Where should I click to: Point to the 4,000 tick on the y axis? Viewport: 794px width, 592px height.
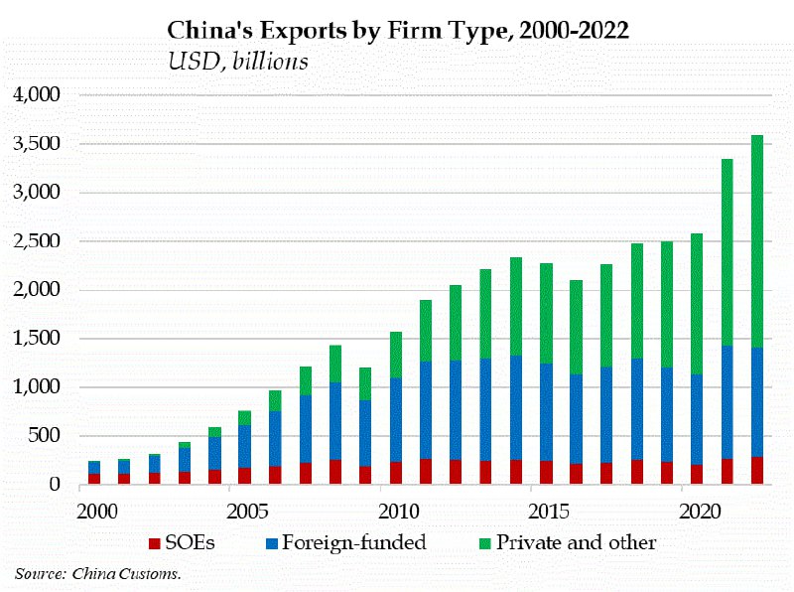point(37,95)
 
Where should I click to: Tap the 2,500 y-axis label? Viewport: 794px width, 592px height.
point(37,241)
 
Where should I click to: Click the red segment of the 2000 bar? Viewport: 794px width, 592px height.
point(92,479)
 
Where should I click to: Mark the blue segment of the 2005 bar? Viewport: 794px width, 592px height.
point(244,446)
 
